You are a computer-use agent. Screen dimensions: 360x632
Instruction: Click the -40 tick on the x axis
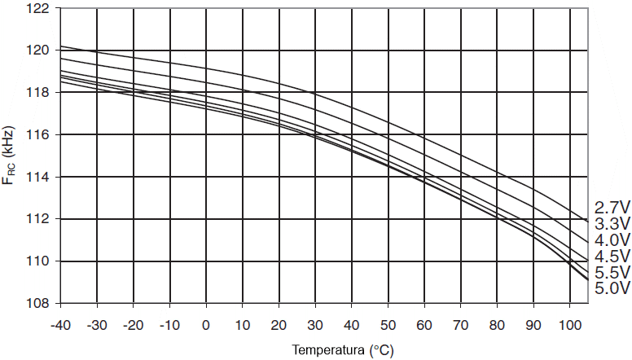tap(60, 323)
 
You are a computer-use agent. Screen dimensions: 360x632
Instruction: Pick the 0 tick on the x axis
tap(206, 323)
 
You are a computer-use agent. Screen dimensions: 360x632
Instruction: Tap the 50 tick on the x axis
tap(388, 323)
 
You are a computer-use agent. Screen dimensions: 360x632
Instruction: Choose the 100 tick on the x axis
tap(569, 323)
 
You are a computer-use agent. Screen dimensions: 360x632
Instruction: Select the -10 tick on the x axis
tap(169, 323)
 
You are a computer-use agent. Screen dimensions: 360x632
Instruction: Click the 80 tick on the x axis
tap(497, 323)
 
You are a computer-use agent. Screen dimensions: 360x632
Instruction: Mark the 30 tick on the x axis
tap(315, 323)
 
